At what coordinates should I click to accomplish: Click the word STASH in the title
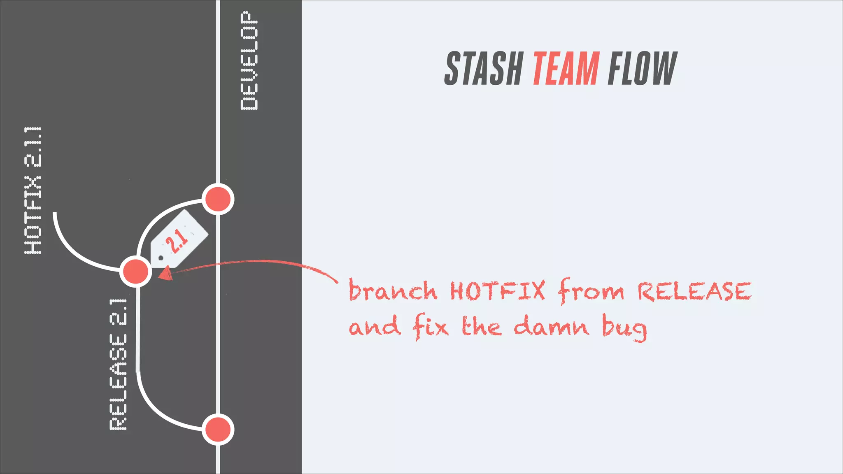click(483, 69)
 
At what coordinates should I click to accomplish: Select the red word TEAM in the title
click(566, 69)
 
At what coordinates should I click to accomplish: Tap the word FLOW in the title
click(642, 69)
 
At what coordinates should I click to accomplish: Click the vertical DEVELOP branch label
click(249, 61)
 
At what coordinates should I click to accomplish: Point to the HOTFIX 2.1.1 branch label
click(33, 190)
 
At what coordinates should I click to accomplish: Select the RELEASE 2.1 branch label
click(118, 365)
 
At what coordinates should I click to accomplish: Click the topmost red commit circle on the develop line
click(218, 200)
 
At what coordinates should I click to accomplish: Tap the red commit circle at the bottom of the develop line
click(218, 430)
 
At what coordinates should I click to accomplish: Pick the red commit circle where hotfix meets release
click(135, 272)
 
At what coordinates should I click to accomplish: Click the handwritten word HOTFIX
click(497, 290)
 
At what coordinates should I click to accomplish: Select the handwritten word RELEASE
click(694, 291)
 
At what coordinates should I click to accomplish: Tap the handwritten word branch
click(393, 290)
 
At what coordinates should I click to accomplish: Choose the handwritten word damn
click(552, 327)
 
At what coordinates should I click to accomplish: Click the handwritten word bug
click(624, 328)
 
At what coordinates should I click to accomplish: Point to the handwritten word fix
click(431, 327)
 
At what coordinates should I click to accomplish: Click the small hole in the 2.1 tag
click(161, 258)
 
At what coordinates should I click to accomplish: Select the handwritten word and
click(375, 327)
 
